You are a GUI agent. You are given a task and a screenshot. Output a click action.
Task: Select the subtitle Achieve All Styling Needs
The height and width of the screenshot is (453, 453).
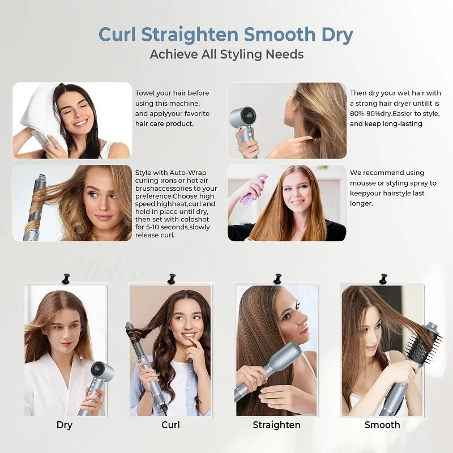[226, 54]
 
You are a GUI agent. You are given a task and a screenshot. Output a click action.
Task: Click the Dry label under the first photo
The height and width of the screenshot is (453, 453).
[65, 425]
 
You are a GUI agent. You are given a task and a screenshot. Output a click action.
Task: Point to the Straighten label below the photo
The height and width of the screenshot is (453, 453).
[276, 425]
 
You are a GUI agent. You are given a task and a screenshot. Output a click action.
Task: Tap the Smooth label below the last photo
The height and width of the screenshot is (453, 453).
[382, 425]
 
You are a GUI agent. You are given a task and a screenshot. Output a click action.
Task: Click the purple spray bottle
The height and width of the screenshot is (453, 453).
[253, 191]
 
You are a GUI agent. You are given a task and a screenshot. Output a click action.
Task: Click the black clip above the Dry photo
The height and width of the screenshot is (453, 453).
[66, 279]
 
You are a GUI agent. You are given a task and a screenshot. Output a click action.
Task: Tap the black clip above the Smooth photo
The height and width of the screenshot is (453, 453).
[383, 279]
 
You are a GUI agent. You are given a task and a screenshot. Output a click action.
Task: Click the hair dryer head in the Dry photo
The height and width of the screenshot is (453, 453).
[103, 372]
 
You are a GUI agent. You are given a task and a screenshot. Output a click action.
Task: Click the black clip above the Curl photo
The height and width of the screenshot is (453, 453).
[171, 279]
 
